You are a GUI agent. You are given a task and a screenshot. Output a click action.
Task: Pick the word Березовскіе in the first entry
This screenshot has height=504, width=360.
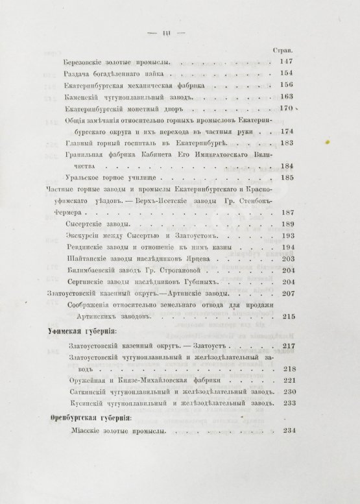[x=83, y=62]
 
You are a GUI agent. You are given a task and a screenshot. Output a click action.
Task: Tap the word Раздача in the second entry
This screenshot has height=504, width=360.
[x=77, y=73]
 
